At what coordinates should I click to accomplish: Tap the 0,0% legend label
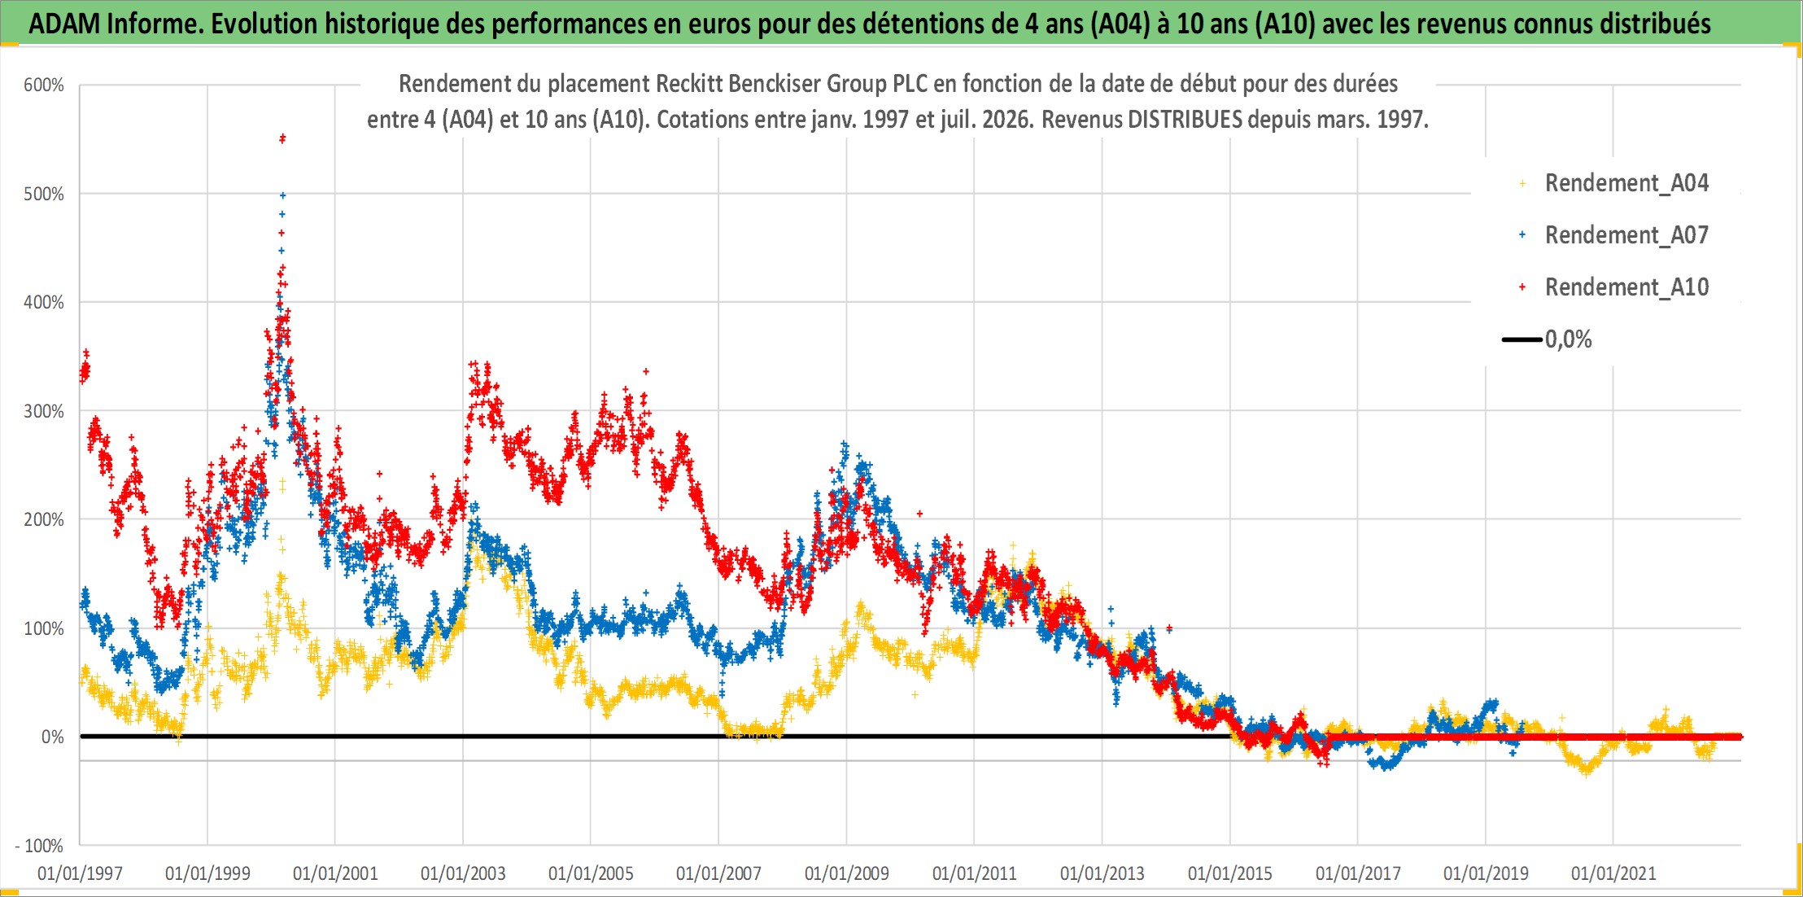point(1569,339)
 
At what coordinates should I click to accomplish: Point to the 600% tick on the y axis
point(44,85)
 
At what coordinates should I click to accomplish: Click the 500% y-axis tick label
point(44,194)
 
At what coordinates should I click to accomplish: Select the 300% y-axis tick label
point(44,411)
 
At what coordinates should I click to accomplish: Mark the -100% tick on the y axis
point(39,846)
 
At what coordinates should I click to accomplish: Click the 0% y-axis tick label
point(52,737)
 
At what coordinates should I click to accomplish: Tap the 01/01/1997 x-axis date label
point(80,873)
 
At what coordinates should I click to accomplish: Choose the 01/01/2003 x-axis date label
point(463,873)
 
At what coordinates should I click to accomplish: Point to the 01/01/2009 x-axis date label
point(846,873)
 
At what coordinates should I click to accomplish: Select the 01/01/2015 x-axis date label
point(1230,873)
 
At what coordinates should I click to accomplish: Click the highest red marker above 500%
point(282,138)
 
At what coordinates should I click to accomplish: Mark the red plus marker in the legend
point(1522,287)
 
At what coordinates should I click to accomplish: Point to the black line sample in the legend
point(1521,339)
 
